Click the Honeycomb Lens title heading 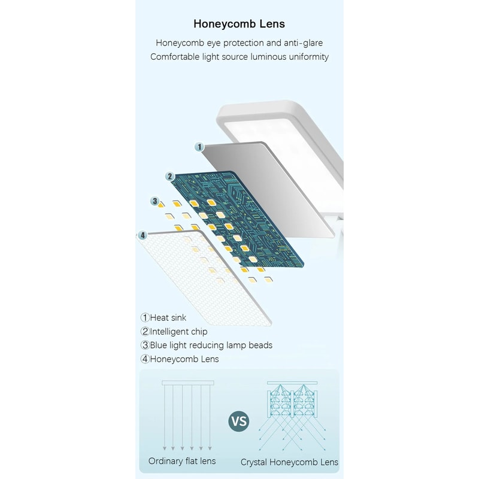tap(239, 25)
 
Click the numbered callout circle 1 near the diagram tap(200, 147)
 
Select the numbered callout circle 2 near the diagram tap(170, 177)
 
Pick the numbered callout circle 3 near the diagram tap(154, 201)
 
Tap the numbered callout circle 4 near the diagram tap(142, 235)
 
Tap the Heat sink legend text tap(168, 318)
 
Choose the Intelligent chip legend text tap(178, 332)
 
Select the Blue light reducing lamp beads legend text tap(211, 345)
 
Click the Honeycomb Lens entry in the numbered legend tap(184, 359)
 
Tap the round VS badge tap(238, 422)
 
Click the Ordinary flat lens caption tap(182, 461)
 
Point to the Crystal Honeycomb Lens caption tap(289, 462)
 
